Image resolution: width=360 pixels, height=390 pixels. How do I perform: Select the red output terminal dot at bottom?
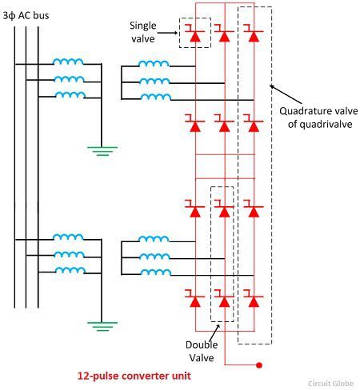(x=259, y=366)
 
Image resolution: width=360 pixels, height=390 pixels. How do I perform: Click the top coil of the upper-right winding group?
(x=152, y=65)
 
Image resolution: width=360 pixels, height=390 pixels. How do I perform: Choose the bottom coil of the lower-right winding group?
(x=152, y=271)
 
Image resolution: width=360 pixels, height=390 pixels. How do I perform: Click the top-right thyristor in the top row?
(x=253, y=34)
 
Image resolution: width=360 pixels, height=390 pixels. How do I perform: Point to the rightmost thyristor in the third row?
(x=253, y=211)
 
